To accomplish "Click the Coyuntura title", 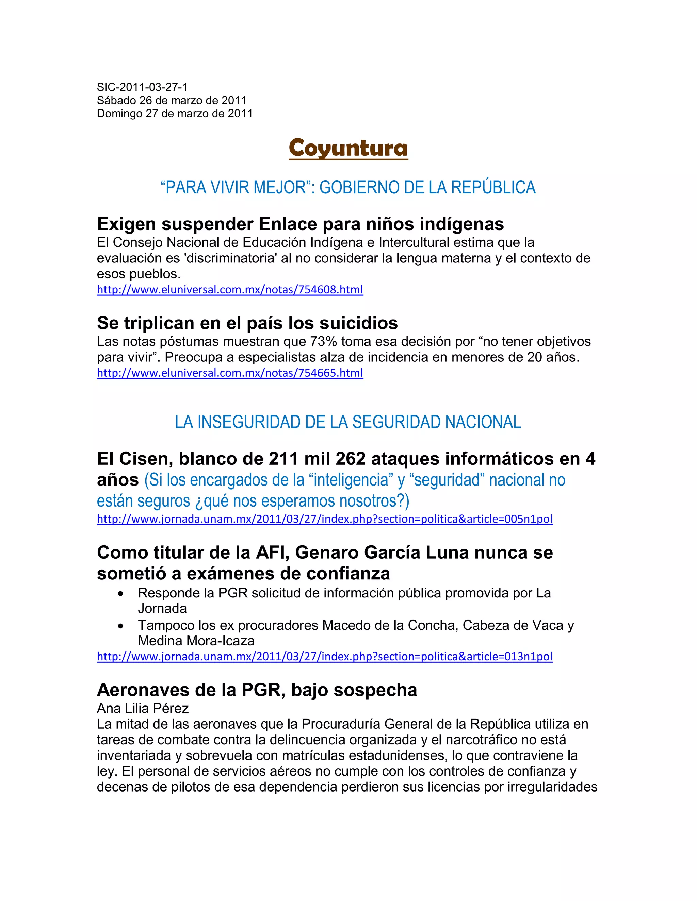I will click(x=348, y=148).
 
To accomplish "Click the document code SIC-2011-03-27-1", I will click(x=142, y=87).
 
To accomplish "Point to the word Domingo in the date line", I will click(x=119, y=114).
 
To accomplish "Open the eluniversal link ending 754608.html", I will click(x=230, y=290).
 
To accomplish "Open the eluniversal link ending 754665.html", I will click(x=230, y=373).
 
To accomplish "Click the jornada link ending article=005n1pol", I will click(x=325, y=519).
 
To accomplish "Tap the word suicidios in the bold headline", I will click(x=359, y=323).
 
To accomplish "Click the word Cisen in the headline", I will click(x=141, y=459).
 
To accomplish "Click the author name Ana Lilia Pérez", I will click(x=143, y=708).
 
